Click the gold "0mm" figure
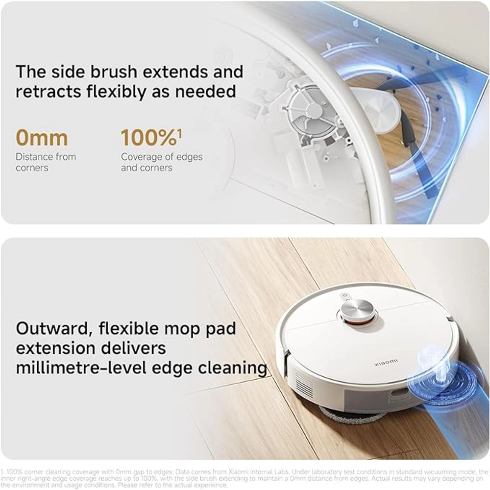42,138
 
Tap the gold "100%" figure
148,138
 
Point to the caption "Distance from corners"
46,162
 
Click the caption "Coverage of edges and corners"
161,162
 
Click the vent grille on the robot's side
304,384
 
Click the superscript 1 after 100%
179,131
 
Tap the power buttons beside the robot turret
345,296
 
